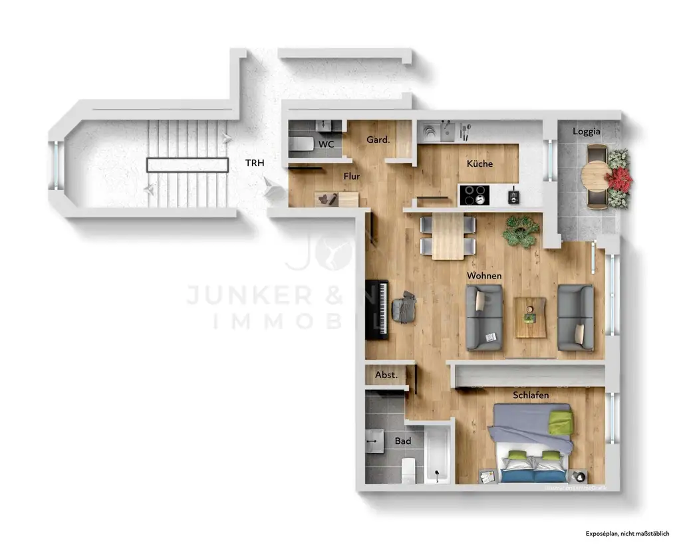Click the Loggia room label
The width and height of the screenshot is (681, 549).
tap(587, 132)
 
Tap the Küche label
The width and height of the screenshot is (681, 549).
tap(479, 164)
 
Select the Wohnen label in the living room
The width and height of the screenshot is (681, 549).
tap(483, 275)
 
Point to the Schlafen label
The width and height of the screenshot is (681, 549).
tap(531, 395)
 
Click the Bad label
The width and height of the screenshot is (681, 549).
tap(403, 441)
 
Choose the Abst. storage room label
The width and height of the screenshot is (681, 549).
tap(386, 375)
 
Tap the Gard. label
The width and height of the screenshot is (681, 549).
tap(378, 140)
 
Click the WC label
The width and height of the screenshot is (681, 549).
tap(326, 144)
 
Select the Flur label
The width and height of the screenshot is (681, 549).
tap(352, 176)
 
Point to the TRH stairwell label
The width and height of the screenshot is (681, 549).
tap(255, 164)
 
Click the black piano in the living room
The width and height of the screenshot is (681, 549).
tap(381, 310)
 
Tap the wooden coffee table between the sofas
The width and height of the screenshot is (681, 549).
tap(530, 317)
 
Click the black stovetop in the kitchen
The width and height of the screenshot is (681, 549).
tap(475, 195)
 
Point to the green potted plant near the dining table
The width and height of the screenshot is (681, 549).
tap(521, 231)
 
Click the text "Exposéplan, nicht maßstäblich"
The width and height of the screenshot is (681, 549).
tap(626, 534)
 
